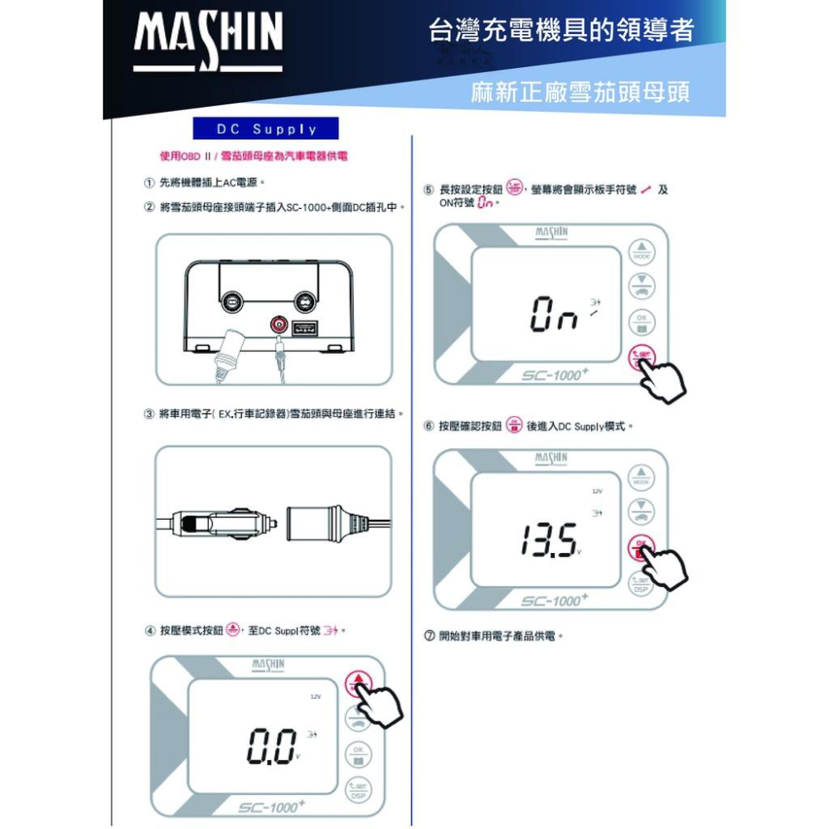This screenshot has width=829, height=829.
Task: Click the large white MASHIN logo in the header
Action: (208, 41)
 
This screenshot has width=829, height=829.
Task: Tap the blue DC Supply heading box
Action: (266, 129)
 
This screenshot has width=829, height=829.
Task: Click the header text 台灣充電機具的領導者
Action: (561, 31)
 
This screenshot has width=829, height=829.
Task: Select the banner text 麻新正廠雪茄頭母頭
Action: (580, 92)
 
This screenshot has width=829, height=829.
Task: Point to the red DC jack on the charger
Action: (279, 324)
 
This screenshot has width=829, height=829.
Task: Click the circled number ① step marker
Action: (148, 182)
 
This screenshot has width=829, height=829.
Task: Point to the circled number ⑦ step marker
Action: (429, 637)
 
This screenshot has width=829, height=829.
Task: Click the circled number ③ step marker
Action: (148, 413)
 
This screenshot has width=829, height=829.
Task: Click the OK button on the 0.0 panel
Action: (358, 754)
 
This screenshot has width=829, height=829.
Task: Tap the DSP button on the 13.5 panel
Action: (640, 585)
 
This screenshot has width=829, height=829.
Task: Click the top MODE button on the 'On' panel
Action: (641, 251)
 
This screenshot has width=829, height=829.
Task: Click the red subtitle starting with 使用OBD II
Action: (254, 157)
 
